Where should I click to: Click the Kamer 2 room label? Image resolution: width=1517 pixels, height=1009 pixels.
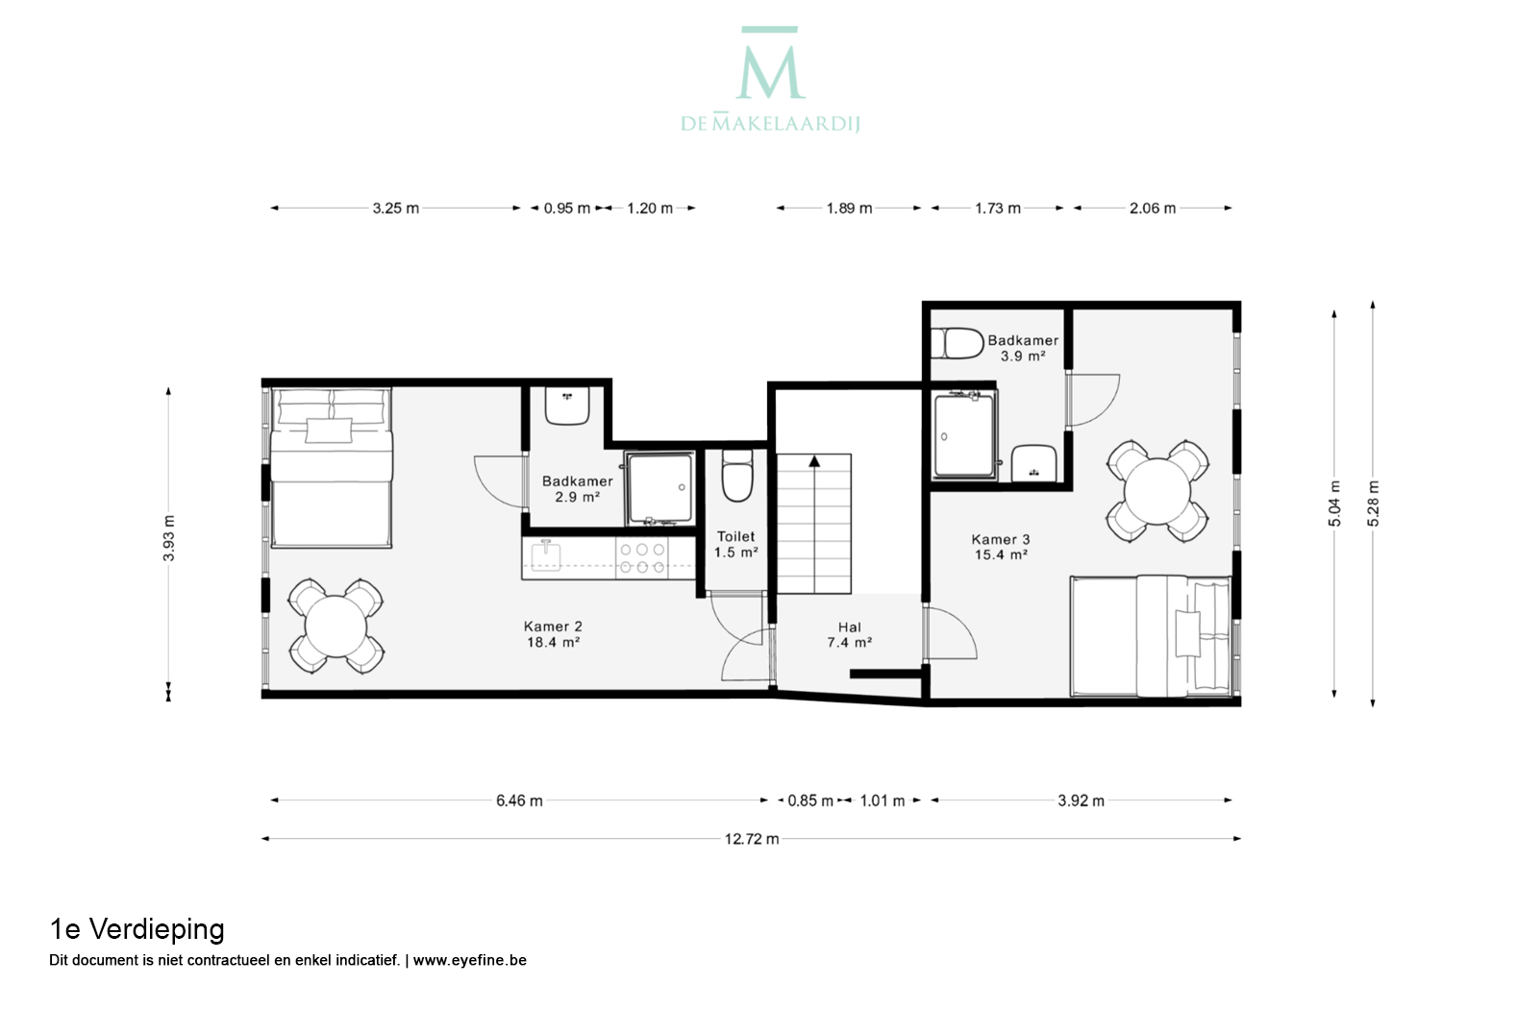(x=554, y=634)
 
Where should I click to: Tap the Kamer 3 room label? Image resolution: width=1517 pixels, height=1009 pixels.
(x=1001, y=547)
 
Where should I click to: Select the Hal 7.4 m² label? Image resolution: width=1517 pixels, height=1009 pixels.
(x=849, y=635)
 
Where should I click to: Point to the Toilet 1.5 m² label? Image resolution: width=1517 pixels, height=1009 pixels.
(x=735, y=545)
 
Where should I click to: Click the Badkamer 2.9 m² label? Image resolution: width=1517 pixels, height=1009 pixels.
(x=578, y=489)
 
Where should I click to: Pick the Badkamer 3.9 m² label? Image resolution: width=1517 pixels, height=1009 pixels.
(x=1023, y=348)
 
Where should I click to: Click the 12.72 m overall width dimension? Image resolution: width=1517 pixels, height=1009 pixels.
(x=752, y=839)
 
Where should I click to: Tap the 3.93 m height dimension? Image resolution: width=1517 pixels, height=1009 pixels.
(x=168, y=538)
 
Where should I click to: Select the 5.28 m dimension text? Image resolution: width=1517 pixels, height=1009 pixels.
(x=1373, y=504)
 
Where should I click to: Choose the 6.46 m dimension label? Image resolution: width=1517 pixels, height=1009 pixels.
(x=519, y=801)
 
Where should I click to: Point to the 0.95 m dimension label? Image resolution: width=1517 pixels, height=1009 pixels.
(x=567, y=209)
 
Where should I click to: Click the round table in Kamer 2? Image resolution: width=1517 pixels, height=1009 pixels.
(x=336, y=627)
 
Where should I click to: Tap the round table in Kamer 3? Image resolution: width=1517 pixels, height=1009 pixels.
(x=1157, y=492)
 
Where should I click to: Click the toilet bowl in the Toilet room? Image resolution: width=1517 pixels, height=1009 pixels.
(x=736, y=475)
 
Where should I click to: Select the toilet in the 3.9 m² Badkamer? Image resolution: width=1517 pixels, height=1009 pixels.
(x=957, y=344)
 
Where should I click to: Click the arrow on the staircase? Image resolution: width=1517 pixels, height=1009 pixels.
(x=814, y=461)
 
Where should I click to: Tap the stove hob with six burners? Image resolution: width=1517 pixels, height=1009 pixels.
(x=642, y=558)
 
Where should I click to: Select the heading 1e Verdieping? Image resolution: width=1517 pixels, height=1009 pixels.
(x=137, y=930)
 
